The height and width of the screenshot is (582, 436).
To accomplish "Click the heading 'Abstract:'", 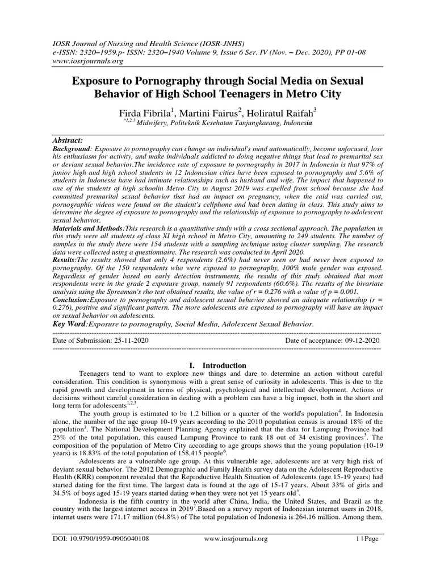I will pos(68,140).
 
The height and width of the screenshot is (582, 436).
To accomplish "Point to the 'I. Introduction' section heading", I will pos(217,365).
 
